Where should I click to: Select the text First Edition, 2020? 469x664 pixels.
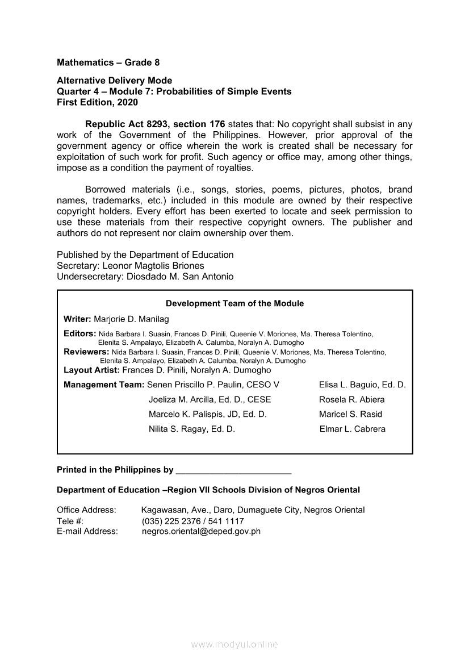pyautogui.click(x=97, y=102)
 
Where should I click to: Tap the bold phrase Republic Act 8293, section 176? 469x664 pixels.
pyautogui.click(x=155, y=124)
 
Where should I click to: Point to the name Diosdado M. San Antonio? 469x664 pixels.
pyautogui.click(x=180, y=277)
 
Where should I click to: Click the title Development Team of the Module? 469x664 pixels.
pyautogui.click(x=235, y=303)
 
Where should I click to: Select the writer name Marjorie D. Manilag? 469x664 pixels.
pyautogui.click(x=131, y=319)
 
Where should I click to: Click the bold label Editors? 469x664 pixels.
pyautogui.click(x=79, y=334)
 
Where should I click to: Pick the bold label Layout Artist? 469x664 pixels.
pyautogui.click(x=91, y=370)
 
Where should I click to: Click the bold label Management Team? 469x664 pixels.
pyautogui.click(x=104, y=385)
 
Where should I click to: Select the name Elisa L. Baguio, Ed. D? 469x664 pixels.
pyautogui.click(x=362, y=385)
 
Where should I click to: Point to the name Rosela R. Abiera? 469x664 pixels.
pyautogui.click(x=351, y=399)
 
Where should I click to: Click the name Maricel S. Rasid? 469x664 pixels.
pyautogui.click(x=350, y=414)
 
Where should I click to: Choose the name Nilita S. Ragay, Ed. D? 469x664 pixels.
pyautogui.click(x=191, y=429)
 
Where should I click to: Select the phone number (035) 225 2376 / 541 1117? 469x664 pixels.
pyautogui.click(x=192, y=521)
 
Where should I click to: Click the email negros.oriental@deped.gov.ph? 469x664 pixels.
pyautogui.click(x=201, y=531)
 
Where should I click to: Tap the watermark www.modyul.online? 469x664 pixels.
pyautogui.click(x=235, y=644)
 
